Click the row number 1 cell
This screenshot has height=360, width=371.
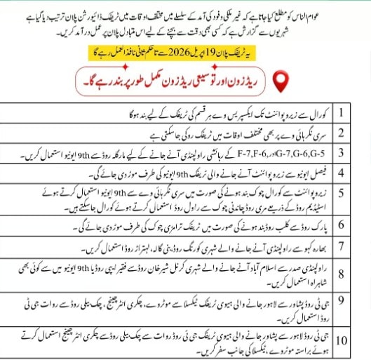pos(343,112)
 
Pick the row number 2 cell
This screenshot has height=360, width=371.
pos(343,132)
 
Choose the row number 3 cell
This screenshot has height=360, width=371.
pos(343,152)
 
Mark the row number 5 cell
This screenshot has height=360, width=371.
pos(343,196)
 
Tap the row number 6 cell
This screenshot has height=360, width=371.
pos(343,225)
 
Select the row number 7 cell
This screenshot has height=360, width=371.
pos(343,247)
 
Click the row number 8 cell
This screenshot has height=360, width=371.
pos(343,270)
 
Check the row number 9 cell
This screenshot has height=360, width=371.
pos(343,301)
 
